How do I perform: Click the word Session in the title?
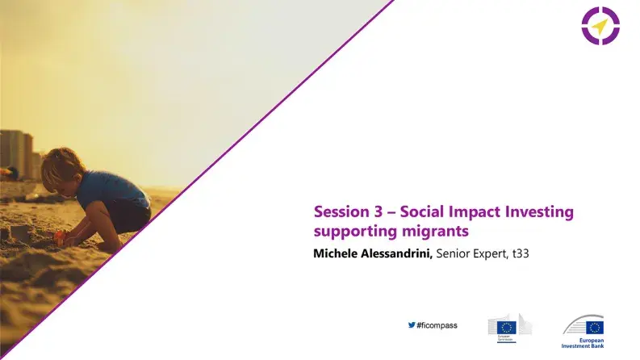click(x=338, y=212)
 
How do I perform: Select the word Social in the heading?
click(x=424, y=212)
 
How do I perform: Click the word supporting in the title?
click(x=351, y=232)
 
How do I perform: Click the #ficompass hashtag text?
click(x=437, y=325)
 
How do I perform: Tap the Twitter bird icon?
click(x=412, y=325)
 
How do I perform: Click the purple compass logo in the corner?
click(x=599, y=26)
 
